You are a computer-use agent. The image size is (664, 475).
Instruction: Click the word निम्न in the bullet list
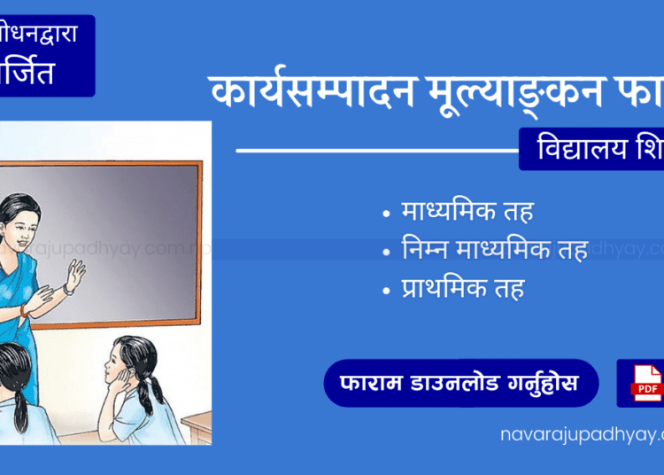tap(427, 251)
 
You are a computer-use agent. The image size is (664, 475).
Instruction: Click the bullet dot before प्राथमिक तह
tap(385, 290)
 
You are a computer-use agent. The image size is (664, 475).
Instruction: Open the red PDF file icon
tap(646, 383)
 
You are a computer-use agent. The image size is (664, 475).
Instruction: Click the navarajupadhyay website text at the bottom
tap(580, 434)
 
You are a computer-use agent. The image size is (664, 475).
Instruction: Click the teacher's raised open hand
tap(75, 276)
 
